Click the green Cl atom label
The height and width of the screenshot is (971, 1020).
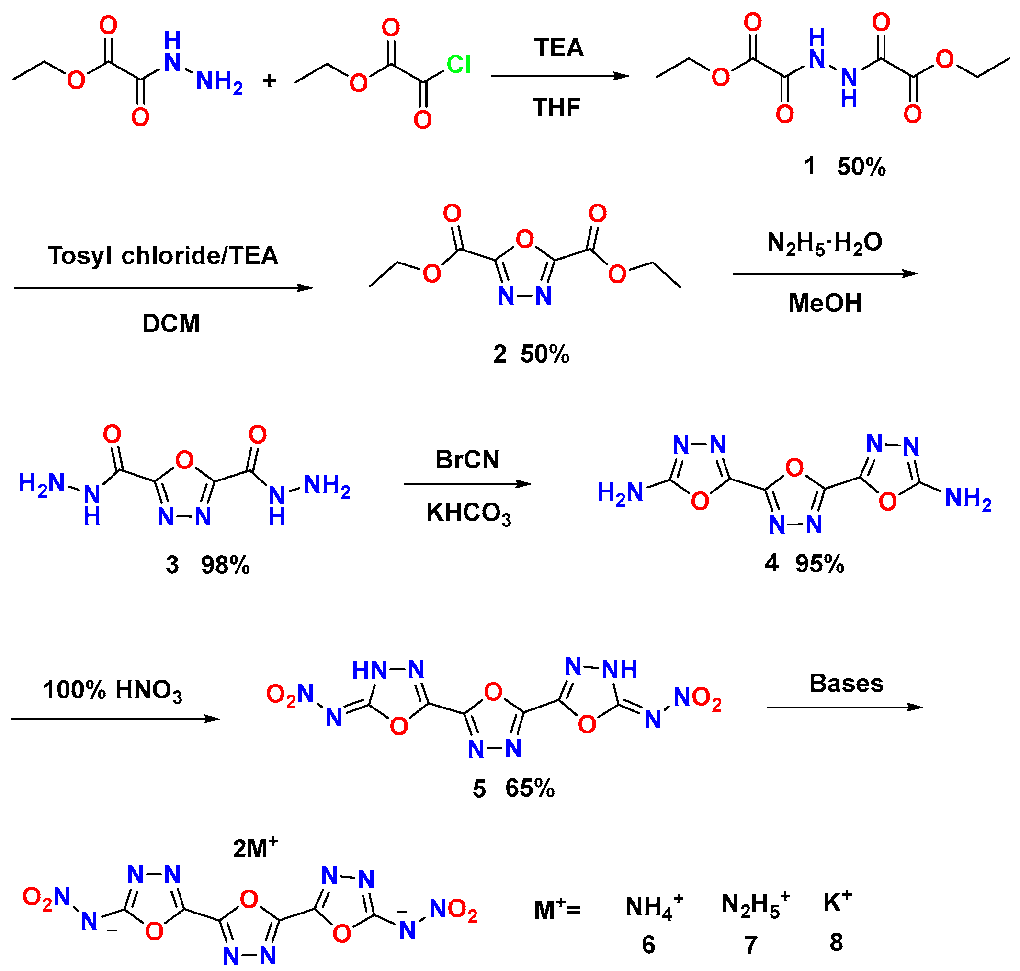coord(458,65)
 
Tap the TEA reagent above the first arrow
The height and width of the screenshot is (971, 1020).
coord(558,47)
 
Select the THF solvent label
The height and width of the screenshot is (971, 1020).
coord(556,108)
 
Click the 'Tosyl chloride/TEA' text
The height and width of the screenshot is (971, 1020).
coord(163,256)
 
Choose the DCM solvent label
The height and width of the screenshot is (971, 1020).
coord(171,323)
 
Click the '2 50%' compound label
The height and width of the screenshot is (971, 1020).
coord(531,354)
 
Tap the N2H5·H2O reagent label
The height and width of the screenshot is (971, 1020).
coord(825,243)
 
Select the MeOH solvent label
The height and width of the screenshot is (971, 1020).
coord(825,303)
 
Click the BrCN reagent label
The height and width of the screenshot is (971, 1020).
coord(467,459)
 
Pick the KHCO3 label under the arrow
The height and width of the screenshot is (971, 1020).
coord(468,514)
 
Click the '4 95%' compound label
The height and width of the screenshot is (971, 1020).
coord(804,563)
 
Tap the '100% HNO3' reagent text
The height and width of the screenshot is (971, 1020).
coord(113,690)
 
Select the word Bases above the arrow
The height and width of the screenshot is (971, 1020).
coord(846,684)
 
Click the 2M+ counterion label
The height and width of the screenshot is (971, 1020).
coord(255,849)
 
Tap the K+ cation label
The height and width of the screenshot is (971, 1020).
coord(837,902)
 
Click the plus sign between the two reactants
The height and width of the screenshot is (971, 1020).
coord(270,80)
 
